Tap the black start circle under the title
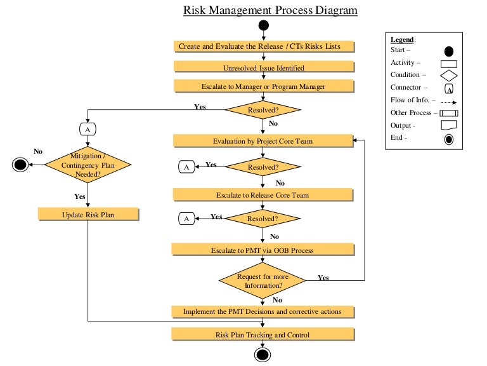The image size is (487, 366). tap(263, 25)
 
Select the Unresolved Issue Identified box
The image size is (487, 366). tap(263, 67)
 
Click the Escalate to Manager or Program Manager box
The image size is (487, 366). tap(263, 86)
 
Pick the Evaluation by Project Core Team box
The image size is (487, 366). tap(263, 140)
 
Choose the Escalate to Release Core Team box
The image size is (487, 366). tap(263, 194)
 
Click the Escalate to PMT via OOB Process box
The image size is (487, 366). tap(263, 250)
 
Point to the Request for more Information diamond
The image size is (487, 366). tap(263, 280)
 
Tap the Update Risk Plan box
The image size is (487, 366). tap(88, 215)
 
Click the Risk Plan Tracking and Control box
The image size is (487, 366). tap(263, 334)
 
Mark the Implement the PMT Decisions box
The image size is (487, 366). tap(263, 311)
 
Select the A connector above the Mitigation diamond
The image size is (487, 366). tap(88, 129)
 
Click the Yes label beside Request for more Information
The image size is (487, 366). tap(323, 278)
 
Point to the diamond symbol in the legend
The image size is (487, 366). tap(448, 76)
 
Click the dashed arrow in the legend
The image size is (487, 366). tap(448, 100)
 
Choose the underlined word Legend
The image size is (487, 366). tap(402, 39)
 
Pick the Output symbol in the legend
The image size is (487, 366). tap(448, 126)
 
